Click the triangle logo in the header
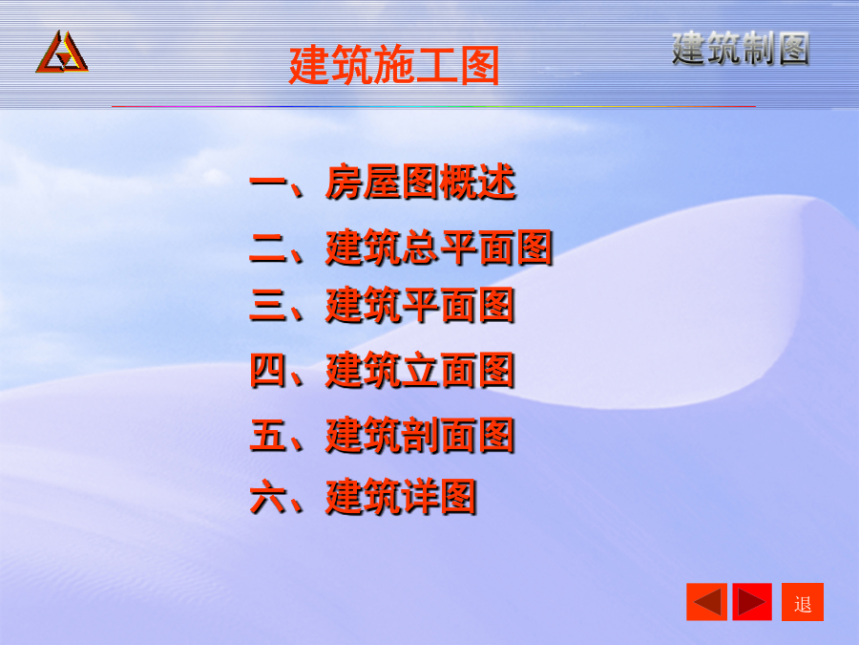tap(62, 53)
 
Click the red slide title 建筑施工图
tap(394, 65)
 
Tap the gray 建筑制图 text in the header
tap(741, 49)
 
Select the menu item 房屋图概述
tap(420, 182)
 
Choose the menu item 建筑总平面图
tap(439, 247)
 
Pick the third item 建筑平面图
tap(420, 305)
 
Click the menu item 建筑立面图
tap(420, 370)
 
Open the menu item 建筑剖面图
tap(420, 436)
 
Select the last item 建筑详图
tap(401, 497)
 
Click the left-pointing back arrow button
tap(706, 602)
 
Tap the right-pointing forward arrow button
tap(752, 602)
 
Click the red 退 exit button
tap(803, 602)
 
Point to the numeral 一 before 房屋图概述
tap(268, 182)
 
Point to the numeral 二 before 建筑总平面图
tap(268, 247)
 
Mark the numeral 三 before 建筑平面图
tap(268, 305)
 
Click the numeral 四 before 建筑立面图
tap(268, 370)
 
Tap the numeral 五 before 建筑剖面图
tap(268, 436)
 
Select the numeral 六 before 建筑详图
tap(268, 497)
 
